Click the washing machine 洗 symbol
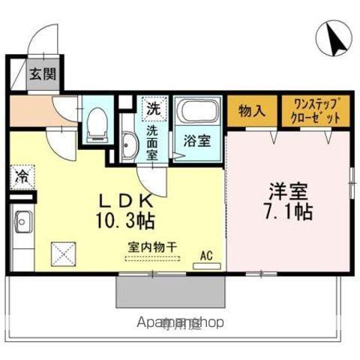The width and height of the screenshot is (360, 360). (154, 107)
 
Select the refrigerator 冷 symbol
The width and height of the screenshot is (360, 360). (22, 178)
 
